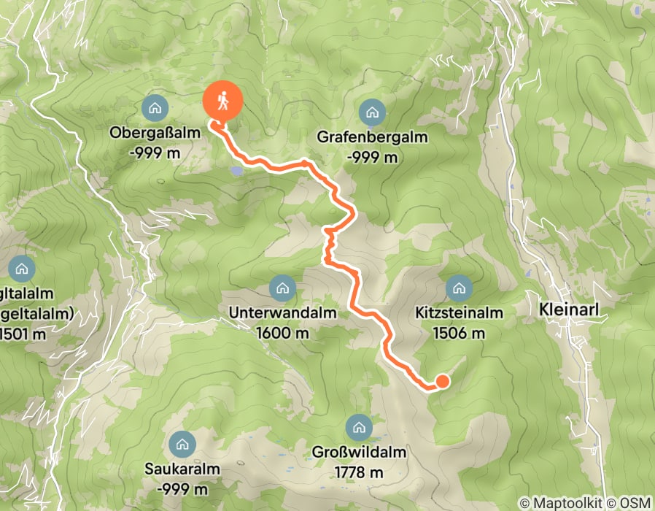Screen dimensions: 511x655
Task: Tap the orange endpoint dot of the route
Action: click(x=441, y=380)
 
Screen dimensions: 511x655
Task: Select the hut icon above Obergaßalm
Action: click(x=154, y=109)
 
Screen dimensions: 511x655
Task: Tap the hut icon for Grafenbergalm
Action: click(x=372, y=112)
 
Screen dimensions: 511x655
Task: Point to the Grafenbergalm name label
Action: click(x=372, y=137)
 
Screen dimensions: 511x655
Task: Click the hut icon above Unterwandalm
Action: click(x=282, y=288)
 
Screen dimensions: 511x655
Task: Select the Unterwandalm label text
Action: click(x=282, y=314)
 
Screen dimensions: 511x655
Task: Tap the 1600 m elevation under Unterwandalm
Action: click(x=282, y=333)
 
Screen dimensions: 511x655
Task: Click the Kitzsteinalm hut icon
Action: click(x=459, y=288)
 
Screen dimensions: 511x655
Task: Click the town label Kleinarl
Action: click(x=569, y=310)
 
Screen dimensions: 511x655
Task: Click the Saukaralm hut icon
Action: click(x=181, y=443)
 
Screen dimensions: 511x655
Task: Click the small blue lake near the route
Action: click(x=235, y=172)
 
